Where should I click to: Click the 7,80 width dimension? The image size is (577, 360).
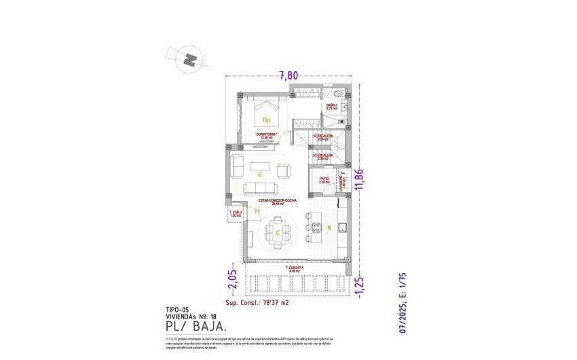click(x=288, y=76)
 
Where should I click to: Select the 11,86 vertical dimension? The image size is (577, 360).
click(x=361, y=180)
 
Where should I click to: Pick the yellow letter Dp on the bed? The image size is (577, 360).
click(x=267, y=120)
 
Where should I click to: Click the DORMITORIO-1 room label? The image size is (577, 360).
click(x=267, y=135)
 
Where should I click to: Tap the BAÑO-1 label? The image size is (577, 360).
click(x=331, y=106)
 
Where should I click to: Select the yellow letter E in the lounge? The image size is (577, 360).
click(x=260, y=175)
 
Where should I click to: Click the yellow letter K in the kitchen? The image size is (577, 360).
click(x=329, y=228)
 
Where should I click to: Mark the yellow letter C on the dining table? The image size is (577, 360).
click(x=278, y=232)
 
